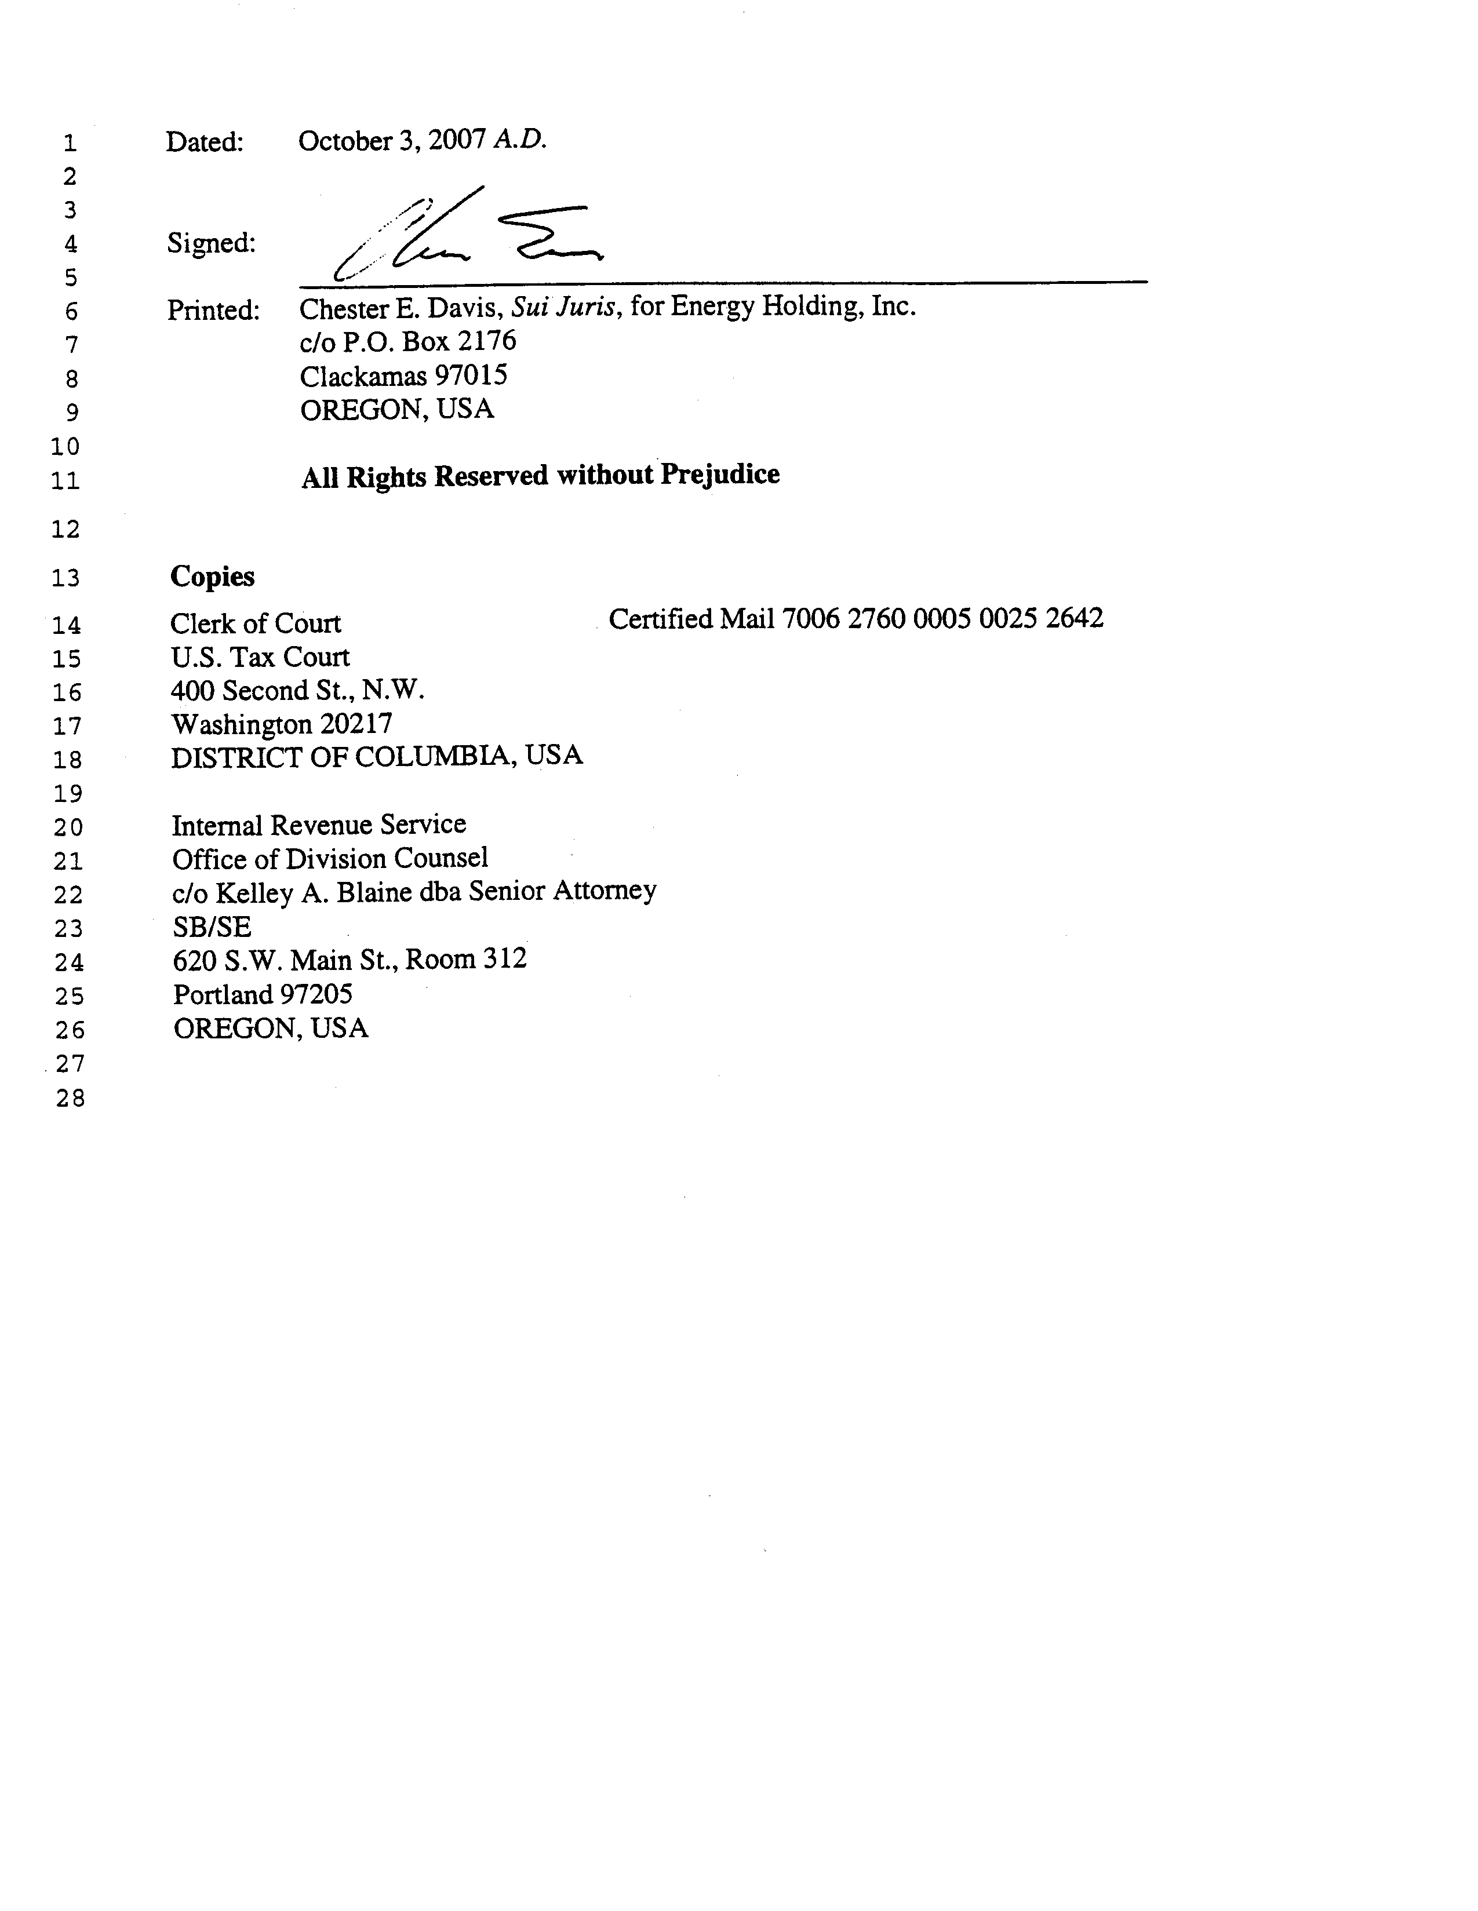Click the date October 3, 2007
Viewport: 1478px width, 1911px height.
391,141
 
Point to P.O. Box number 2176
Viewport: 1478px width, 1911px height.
486,341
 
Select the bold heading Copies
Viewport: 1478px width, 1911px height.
213,577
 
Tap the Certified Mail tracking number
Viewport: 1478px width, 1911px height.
942,619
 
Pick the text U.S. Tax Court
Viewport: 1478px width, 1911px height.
260,657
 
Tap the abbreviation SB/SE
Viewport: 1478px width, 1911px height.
212,927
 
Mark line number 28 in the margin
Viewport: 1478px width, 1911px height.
70,1098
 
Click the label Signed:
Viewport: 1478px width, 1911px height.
211,243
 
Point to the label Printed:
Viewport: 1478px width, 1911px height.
213,311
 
